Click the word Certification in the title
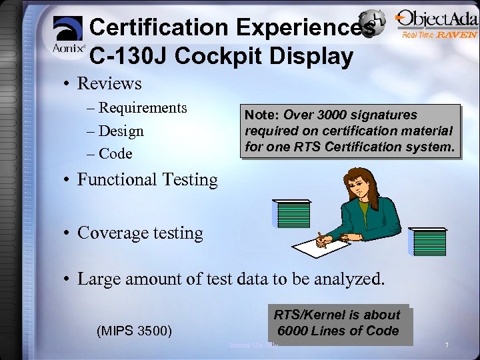point(160,27)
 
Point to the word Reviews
point(109,84)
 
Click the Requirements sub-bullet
point(143,108)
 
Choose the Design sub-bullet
point(121,131)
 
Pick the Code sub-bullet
point(115,154)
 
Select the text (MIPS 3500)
point(135,331)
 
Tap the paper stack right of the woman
point(428,241)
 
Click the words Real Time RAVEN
point(439,35)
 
